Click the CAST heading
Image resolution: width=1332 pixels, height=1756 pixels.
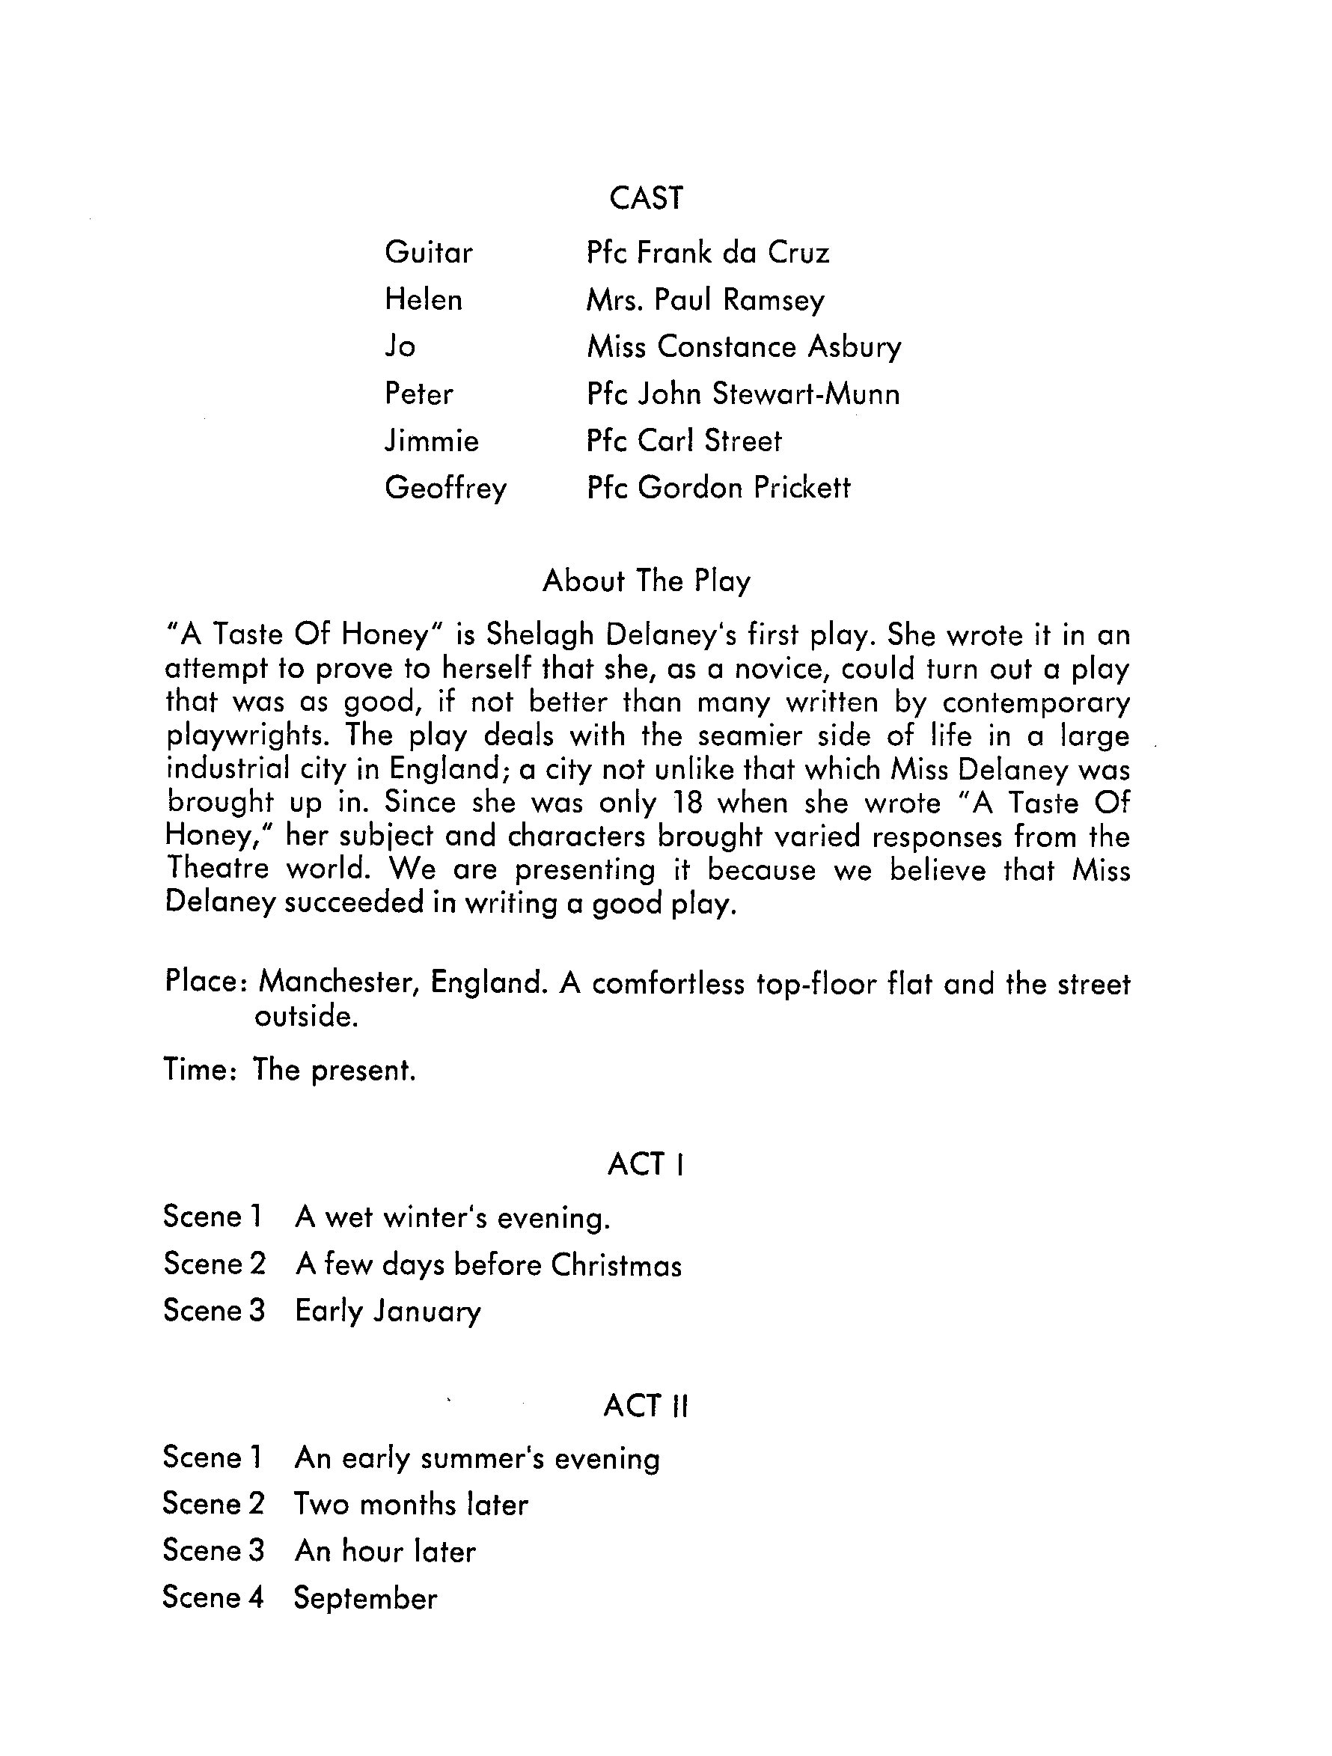pyautogui.click(x=645, y=198)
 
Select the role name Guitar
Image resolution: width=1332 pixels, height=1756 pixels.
pyautogui.click(x=429, y=252)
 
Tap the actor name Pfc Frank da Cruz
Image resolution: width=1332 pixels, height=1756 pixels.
pyautogui.click(x=707, y=252)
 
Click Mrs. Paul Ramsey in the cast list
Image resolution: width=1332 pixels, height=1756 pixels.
pyautogui.click(x=705, y=300)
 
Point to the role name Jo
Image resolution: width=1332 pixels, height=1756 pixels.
pyautogui.click(x=400, y=347)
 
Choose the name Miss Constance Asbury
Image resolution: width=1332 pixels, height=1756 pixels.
pyautogui.click(x=744, y=347)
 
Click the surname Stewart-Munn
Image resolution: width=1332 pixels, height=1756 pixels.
pyautogui.click(x=806, y=394)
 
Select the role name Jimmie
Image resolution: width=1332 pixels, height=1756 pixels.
pyautogui.click(x=432, y=441)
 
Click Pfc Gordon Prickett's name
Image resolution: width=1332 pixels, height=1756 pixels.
pyautogui.click(x=718, y=487)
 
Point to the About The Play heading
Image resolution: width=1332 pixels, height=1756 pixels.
pyautogui.click(x=646, y=581)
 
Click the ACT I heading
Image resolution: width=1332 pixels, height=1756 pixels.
pyautogui.click(x=645, y=1165)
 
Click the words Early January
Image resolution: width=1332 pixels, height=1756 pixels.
pyautogui.click(x=388, y=1312)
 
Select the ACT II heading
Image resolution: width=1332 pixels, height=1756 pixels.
pyautogui.click(x=645, y=1406)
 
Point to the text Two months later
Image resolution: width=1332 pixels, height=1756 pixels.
pyautogui.click(x=410, y=1505)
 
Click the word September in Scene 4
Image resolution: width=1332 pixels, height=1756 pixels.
pyautogui.click(x=365, y=1599)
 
